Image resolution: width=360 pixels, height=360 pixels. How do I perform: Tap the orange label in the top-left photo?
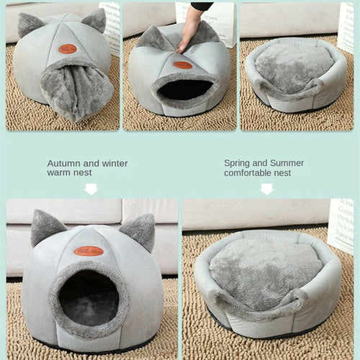(67, 49)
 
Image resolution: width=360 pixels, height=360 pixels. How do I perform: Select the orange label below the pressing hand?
(183, 65)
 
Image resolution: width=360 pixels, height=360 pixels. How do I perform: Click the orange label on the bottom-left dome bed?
(89, 251)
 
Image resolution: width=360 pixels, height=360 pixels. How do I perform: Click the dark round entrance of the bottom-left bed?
(88, 297)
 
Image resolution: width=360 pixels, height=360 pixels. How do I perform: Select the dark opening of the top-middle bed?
(184, 89)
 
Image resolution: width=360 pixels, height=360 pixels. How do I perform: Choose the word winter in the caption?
(114, 163)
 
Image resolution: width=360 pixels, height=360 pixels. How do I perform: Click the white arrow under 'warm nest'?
(91, 189)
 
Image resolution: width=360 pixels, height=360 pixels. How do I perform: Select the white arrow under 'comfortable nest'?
(266, 189)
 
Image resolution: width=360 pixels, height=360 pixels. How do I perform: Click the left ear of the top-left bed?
(30, 24)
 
